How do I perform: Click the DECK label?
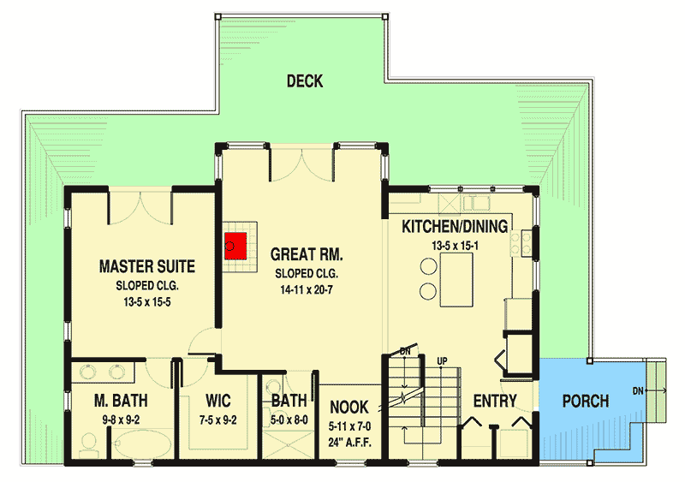305,81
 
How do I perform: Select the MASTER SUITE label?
146,266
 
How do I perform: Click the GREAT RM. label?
307,254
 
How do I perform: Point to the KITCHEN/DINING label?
455,227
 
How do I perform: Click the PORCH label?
586,401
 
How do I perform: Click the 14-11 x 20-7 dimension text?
307,291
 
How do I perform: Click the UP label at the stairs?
442,360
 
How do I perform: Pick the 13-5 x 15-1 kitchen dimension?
455,246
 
